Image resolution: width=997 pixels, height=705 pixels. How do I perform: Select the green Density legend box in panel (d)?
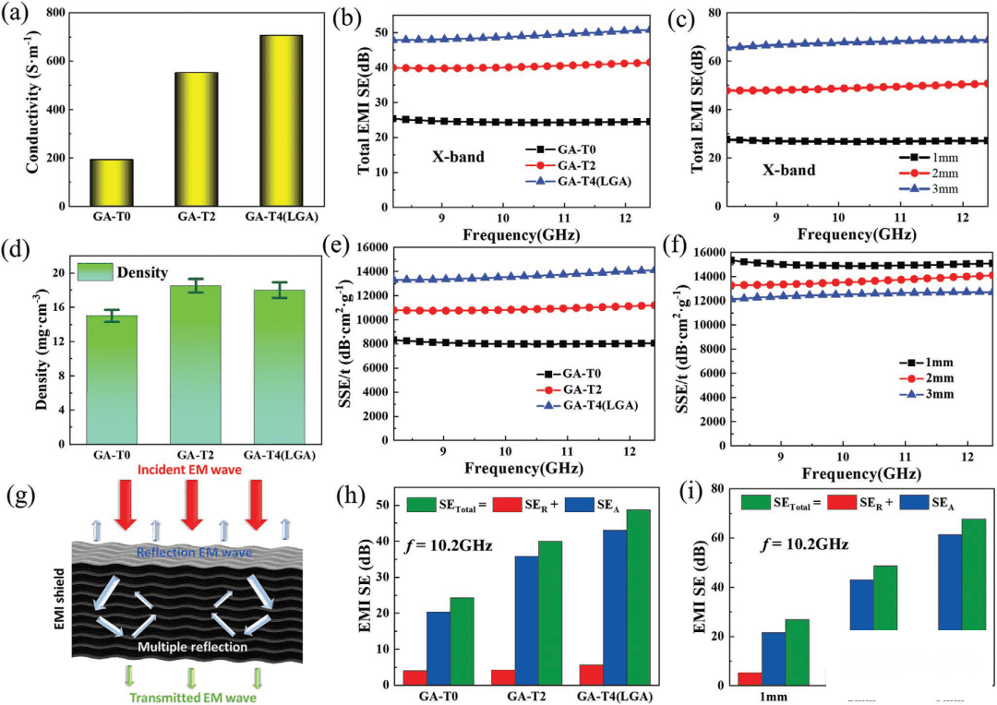pos(95,272)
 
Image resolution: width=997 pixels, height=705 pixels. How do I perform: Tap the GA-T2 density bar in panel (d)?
pos(196,364)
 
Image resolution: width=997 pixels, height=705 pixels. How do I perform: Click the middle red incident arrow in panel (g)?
pos(190,508)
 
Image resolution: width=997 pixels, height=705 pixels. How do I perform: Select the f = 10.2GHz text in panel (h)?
pos(448,544)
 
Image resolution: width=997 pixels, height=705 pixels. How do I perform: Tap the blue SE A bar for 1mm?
pos(773,658)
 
